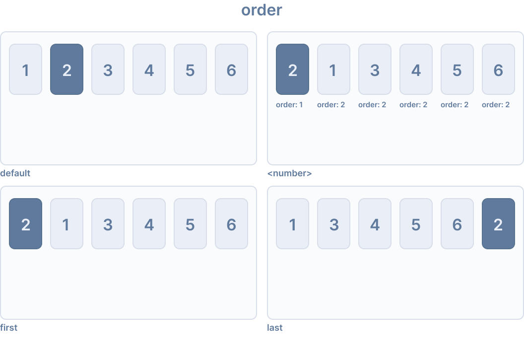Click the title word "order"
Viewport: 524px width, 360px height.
coord(262,10)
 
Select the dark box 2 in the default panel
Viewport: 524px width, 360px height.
coord(66,70)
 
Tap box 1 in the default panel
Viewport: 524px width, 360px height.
coord(25,70)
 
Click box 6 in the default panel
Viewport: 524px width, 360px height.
coord(231,70)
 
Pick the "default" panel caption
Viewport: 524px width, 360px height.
coord(15,173)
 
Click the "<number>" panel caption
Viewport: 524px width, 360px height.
coord(289,173)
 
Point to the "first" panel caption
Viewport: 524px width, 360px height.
coord(9,328)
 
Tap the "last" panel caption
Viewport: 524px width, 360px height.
coord(275,328)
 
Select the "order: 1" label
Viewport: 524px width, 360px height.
coord(289,105)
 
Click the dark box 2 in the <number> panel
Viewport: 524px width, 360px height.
coord(292,70)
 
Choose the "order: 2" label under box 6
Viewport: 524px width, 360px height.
coord(496,105)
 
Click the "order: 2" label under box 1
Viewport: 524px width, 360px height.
coord(331,105)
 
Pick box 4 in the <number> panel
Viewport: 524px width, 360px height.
coord(416,70)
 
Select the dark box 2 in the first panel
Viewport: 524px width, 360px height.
coord(25,224)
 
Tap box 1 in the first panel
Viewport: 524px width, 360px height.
coord(66,224)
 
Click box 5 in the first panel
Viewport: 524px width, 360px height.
coord(190,224)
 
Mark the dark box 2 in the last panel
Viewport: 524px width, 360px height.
coord(498,224)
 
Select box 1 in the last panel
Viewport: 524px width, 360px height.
coord(292,224)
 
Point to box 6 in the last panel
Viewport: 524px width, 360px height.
coord(457,224)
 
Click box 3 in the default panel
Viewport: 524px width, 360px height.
coord(108,70)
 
